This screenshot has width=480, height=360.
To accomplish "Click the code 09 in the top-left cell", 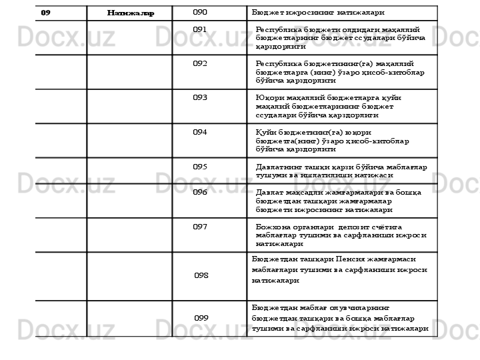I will point(45,13).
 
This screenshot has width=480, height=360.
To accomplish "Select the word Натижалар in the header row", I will point(131,13).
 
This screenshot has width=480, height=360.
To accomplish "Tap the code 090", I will point(200,13).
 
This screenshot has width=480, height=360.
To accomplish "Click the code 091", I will point(199,30).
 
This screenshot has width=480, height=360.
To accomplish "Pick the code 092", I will point(199,64).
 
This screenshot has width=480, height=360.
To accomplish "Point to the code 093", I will point(199,98).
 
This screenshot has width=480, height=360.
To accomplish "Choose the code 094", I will point(199,133).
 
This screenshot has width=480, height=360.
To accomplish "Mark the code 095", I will point(199,167).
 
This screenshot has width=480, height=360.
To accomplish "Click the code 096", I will point(199,193).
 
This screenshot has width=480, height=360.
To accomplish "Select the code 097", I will point(199,227).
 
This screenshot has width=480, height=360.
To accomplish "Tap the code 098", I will point(201,275).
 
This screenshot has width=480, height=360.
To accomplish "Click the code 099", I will point(201,318).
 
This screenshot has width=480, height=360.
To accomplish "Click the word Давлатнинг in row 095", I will point(279,167).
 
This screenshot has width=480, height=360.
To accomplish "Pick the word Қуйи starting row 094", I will point(265,133).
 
